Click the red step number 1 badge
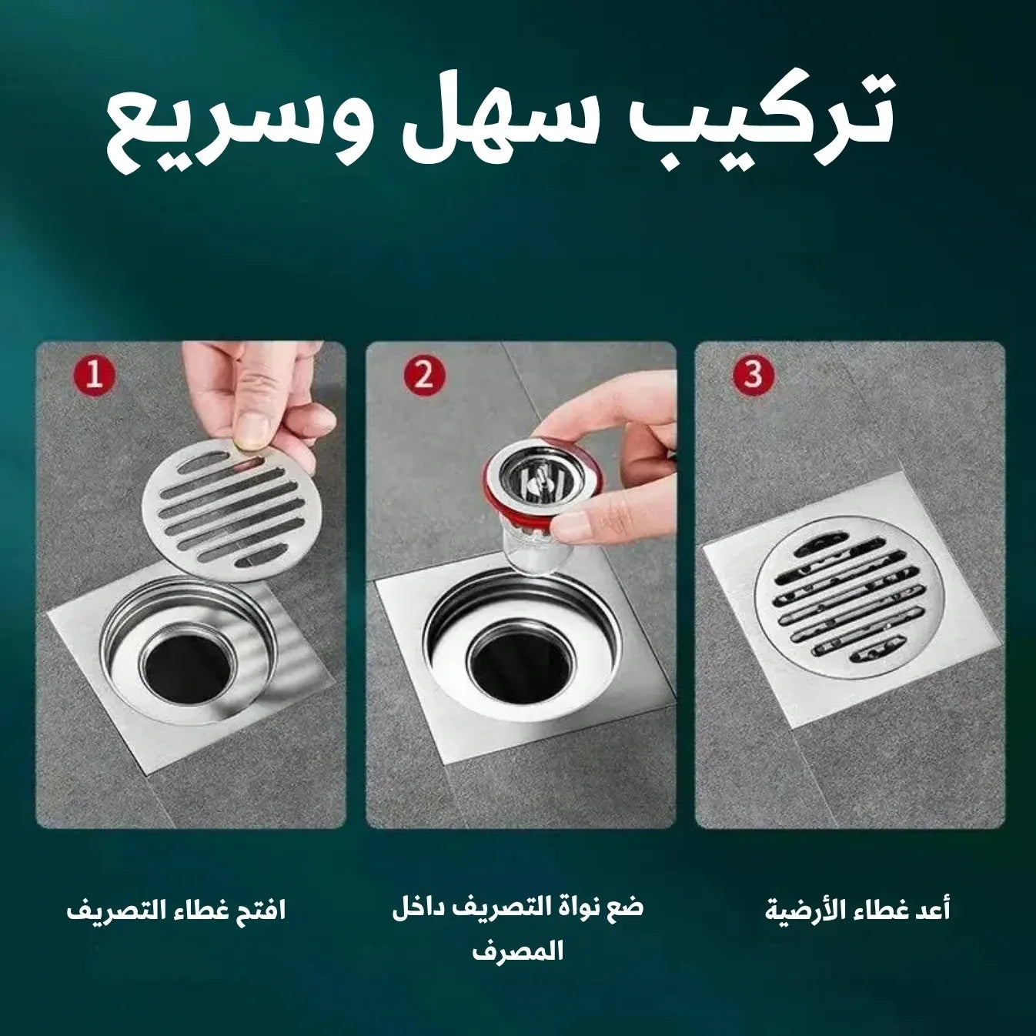(94, 375)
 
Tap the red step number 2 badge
(424, 375)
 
